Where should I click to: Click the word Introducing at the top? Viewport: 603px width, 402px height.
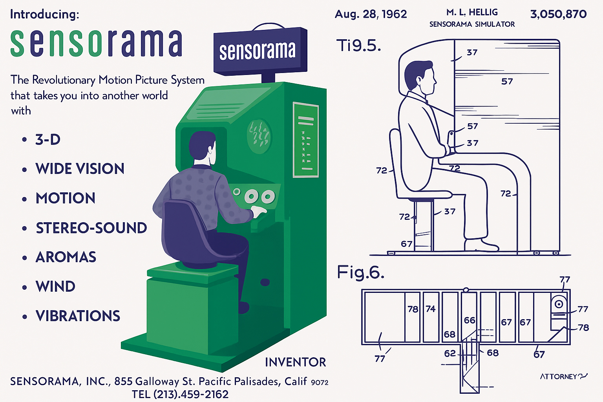pos(44,15)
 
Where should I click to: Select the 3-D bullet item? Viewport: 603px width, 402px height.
pos(48,140)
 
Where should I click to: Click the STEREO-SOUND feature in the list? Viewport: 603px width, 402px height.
pos(91,228)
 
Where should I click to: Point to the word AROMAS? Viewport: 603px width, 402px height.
pos(66,258)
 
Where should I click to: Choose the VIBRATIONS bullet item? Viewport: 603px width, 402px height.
pos(78,316)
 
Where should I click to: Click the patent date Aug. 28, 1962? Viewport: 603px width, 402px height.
pos(371,15)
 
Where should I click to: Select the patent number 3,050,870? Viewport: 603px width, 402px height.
pos(558,15)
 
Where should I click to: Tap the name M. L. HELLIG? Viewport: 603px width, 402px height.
pos(472,13)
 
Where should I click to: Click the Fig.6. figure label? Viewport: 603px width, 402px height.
pos(360,272)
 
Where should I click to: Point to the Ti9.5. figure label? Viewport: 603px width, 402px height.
pos(358,46)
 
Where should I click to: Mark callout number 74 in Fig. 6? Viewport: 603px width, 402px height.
pos(431,309)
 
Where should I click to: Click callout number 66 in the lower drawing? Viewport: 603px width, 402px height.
pos(470,320)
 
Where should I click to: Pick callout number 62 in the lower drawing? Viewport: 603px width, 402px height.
pos(450,353)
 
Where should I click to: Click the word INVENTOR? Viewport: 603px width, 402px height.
pos(295,362)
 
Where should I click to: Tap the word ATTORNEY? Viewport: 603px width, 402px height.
pos(558,377)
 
